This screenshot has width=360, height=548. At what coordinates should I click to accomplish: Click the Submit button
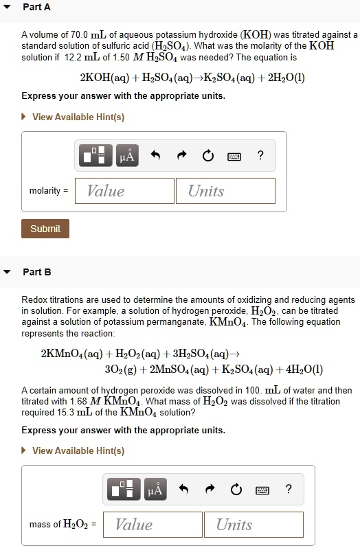click(x=45, y=229)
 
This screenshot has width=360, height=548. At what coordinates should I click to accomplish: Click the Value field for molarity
click(x=124, y=191)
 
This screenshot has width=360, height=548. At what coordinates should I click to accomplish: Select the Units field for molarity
click(x=225, y=191)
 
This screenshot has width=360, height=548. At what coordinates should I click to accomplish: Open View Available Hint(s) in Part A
click(x=78, y=117)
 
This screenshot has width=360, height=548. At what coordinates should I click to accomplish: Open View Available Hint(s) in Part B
click(x=78, y=450)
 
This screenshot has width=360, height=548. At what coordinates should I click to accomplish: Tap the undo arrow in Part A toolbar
click(x=155, y=156)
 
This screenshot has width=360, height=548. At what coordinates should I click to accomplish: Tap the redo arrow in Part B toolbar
click(x=210, y=490)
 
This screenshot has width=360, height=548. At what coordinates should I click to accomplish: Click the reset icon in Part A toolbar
click(x=208, y=156)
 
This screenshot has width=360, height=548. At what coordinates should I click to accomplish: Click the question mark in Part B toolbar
click(x=289, y=490)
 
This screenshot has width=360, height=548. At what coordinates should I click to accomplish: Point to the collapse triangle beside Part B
click(x=8, y=272)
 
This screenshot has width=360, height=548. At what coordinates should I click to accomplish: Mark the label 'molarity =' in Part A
click(x=49, y=191)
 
